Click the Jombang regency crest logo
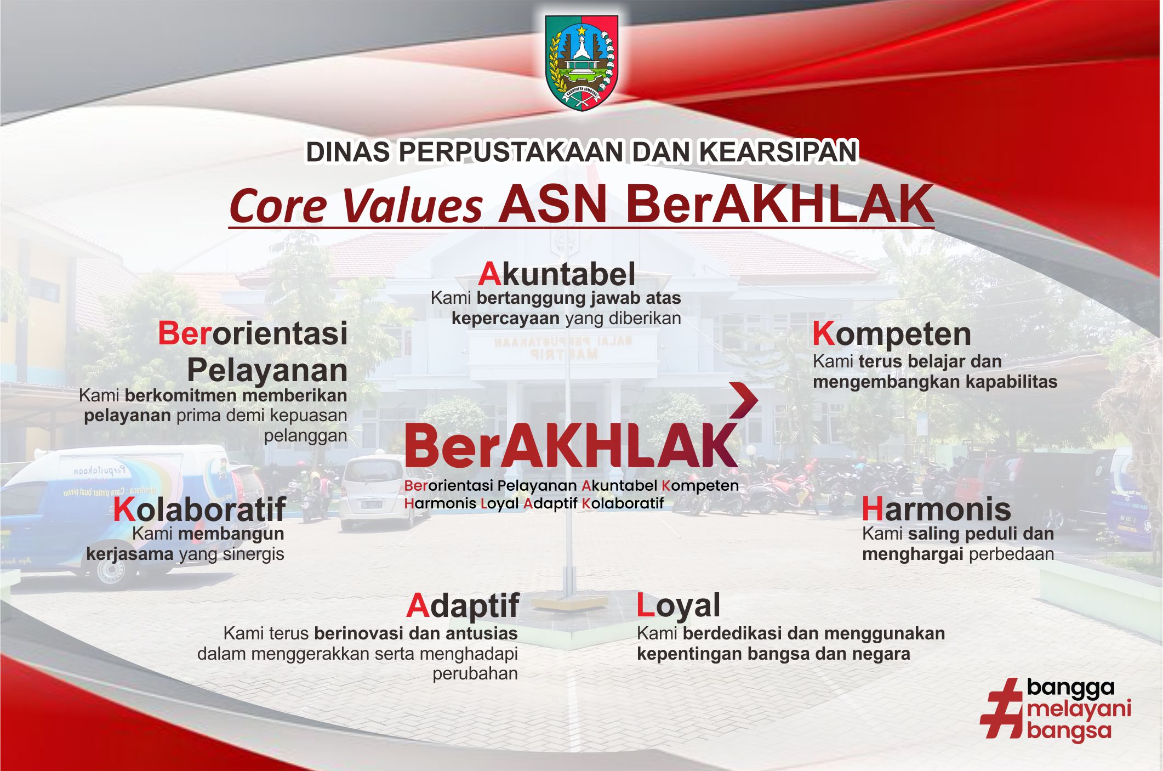[x=581, y=63]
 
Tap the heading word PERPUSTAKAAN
[x=512, y=152]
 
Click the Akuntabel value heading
[x=557, y=274]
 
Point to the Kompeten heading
[x=892, y=335]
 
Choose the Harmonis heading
[x=936, y=509]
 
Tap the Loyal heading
[x=678, y=606]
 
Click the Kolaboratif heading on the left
[x=199, y=509]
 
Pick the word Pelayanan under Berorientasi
[x=267, y=371]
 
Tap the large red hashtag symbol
[x=1001, y=708]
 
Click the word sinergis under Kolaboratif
[x=254, y=554]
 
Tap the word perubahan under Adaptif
[x=475, y=674]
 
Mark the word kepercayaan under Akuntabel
[x=505, y=319]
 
